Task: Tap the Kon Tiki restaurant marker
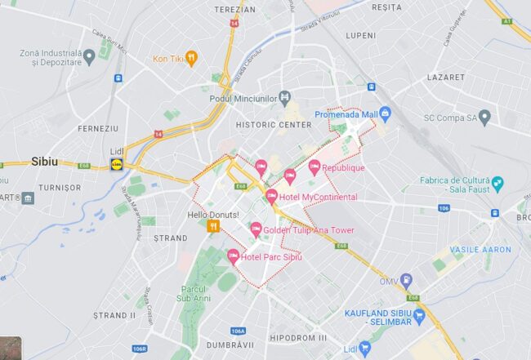point(191,58)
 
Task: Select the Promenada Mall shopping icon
point(386,113)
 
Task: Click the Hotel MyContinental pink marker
point(271,196)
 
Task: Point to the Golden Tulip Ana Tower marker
point(256,229)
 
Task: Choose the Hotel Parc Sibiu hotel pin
point(234,256)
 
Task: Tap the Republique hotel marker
point(315,167)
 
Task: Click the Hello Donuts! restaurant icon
point(213,226)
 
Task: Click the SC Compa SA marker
point(484,118)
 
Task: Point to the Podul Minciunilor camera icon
point(284,98)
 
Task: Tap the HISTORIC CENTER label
point(273,125)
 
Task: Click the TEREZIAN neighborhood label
point(235,10)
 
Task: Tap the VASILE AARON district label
point(478,249)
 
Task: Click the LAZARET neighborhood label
point(445,77)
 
